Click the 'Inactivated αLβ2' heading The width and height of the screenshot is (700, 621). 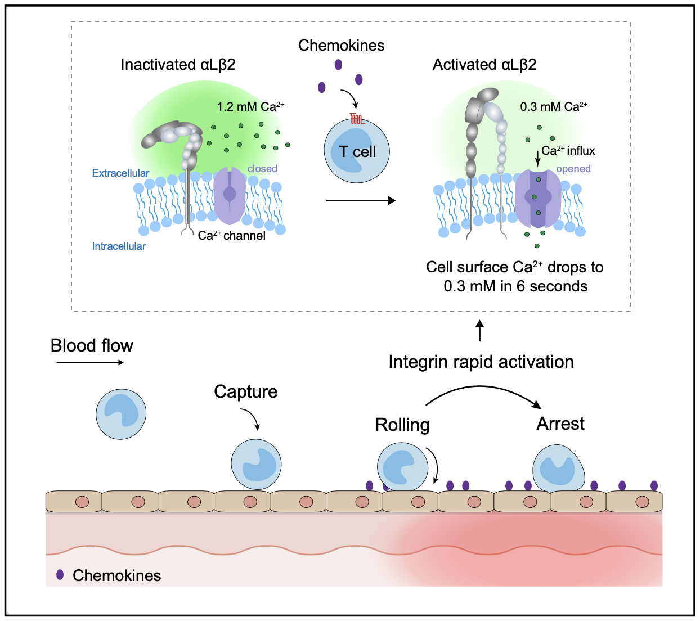pos(178,65)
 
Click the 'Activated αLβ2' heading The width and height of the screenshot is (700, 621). pos(484,65)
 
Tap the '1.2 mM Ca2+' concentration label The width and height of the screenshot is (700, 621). pos(250,106)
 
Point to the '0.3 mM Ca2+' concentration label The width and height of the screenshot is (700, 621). pos(554,106)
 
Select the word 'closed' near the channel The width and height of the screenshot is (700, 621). pos(262,168)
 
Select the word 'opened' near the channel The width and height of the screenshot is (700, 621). pos(573,168)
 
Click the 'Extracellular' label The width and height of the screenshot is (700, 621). pos(120,173)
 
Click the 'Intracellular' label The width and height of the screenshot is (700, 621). pos(119,246)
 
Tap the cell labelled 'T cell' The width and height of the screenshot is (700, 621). pos(357,151)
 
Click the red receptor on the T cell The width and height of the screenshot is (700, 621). pos(357,119)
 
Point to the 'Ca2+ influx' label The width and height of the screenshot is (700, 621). pos(568,151)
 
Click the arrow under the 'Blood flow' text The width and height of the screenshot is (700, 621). pos(90,363)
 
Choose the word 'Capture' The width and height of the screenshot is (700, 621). pos(246,391)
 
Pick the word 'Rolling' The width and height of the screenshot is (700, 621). pos(402,425)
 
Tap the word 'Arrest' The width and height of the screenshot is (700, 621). pos(560,424)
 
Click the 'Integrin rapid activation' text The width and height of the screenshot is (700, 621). pos(481,362)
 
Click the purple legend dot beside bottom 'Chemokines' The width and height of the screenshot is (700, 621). pos(60,575)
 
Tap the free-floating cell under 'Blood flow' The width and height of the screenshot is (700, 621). pos(121,414)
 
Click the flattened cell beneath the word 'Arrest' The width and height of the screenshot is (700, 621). pos(558,469)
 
